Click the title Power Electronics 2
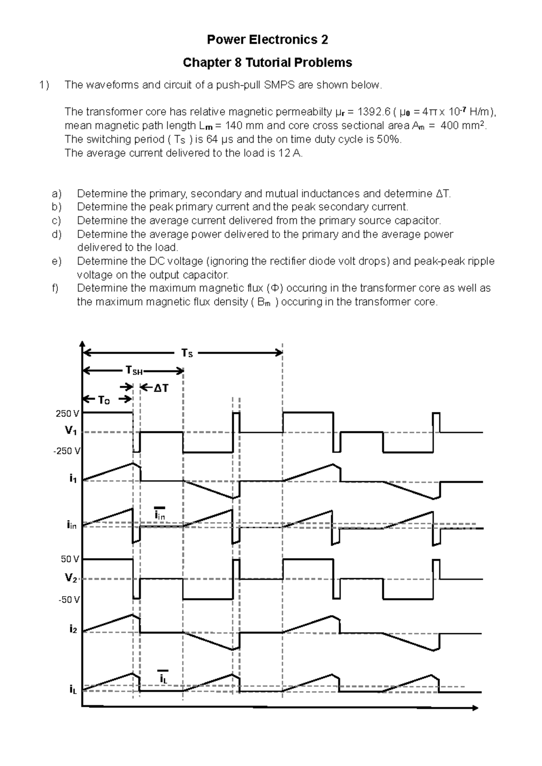(x=267, y=40)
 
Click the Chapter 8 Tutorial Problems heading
(x=267, y=62)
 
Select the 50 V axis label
(x=70, y=559)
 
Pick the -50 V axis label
(x=69, y=600)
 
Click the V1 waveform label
(x=70, y=431)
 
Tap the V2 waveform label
(x=70, y=578)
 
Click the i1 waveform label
(x=73, y=479)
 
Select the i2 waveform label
(x=73, y=629)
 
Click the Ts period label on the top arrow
(x=187, y=354)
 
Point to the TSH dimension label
(x=134, y=371)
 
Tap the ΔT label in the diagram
(x=161, y=388)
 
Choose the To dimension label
(x=104, y=400)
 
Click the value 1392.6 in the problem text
(x=372, y=112)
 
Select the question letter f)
(x=56, y=288)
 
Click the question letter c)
(x=56, y=220)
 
